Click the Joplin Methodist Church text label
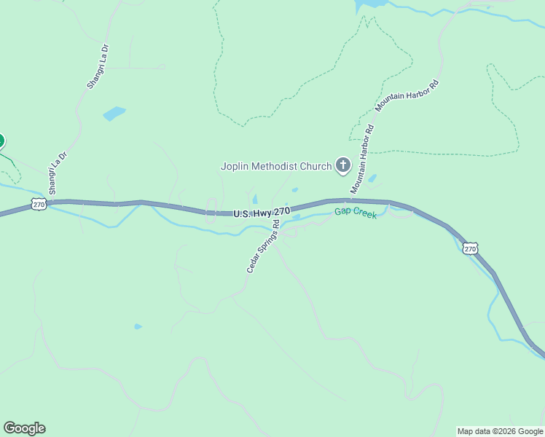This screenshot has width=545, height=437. coord(276,166)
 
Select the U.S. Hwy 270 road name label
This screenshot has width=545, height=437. coord(262,213)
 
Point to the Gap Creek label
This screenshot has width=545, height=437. coord(356,213)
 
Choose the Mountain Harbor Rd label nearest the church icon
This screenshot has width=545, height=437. coord(362,160)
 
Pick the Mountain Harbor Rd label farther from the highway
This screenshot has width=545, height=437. coord(408,95)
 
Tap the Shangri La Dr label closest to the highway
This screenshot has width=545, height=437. coord(58,173)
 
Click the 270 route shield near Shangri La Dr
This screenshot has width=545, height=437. coord(39,205)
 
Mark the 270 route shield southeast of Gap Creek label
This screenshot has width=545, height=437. coord(471,248)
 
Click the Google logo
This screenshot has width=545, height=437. coord(24,428)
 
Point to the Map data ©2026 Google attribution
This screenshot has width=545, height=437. coord(499,431)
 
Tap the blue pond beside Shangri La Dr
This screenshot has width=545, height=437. coord(114,113)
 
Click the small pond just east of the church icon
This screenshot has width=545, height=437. coord(372,178)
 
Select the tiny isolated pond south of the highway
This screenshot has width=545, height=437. coord(138,326)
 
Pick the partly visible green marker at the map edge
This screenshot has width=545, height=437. coord(1,141)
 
